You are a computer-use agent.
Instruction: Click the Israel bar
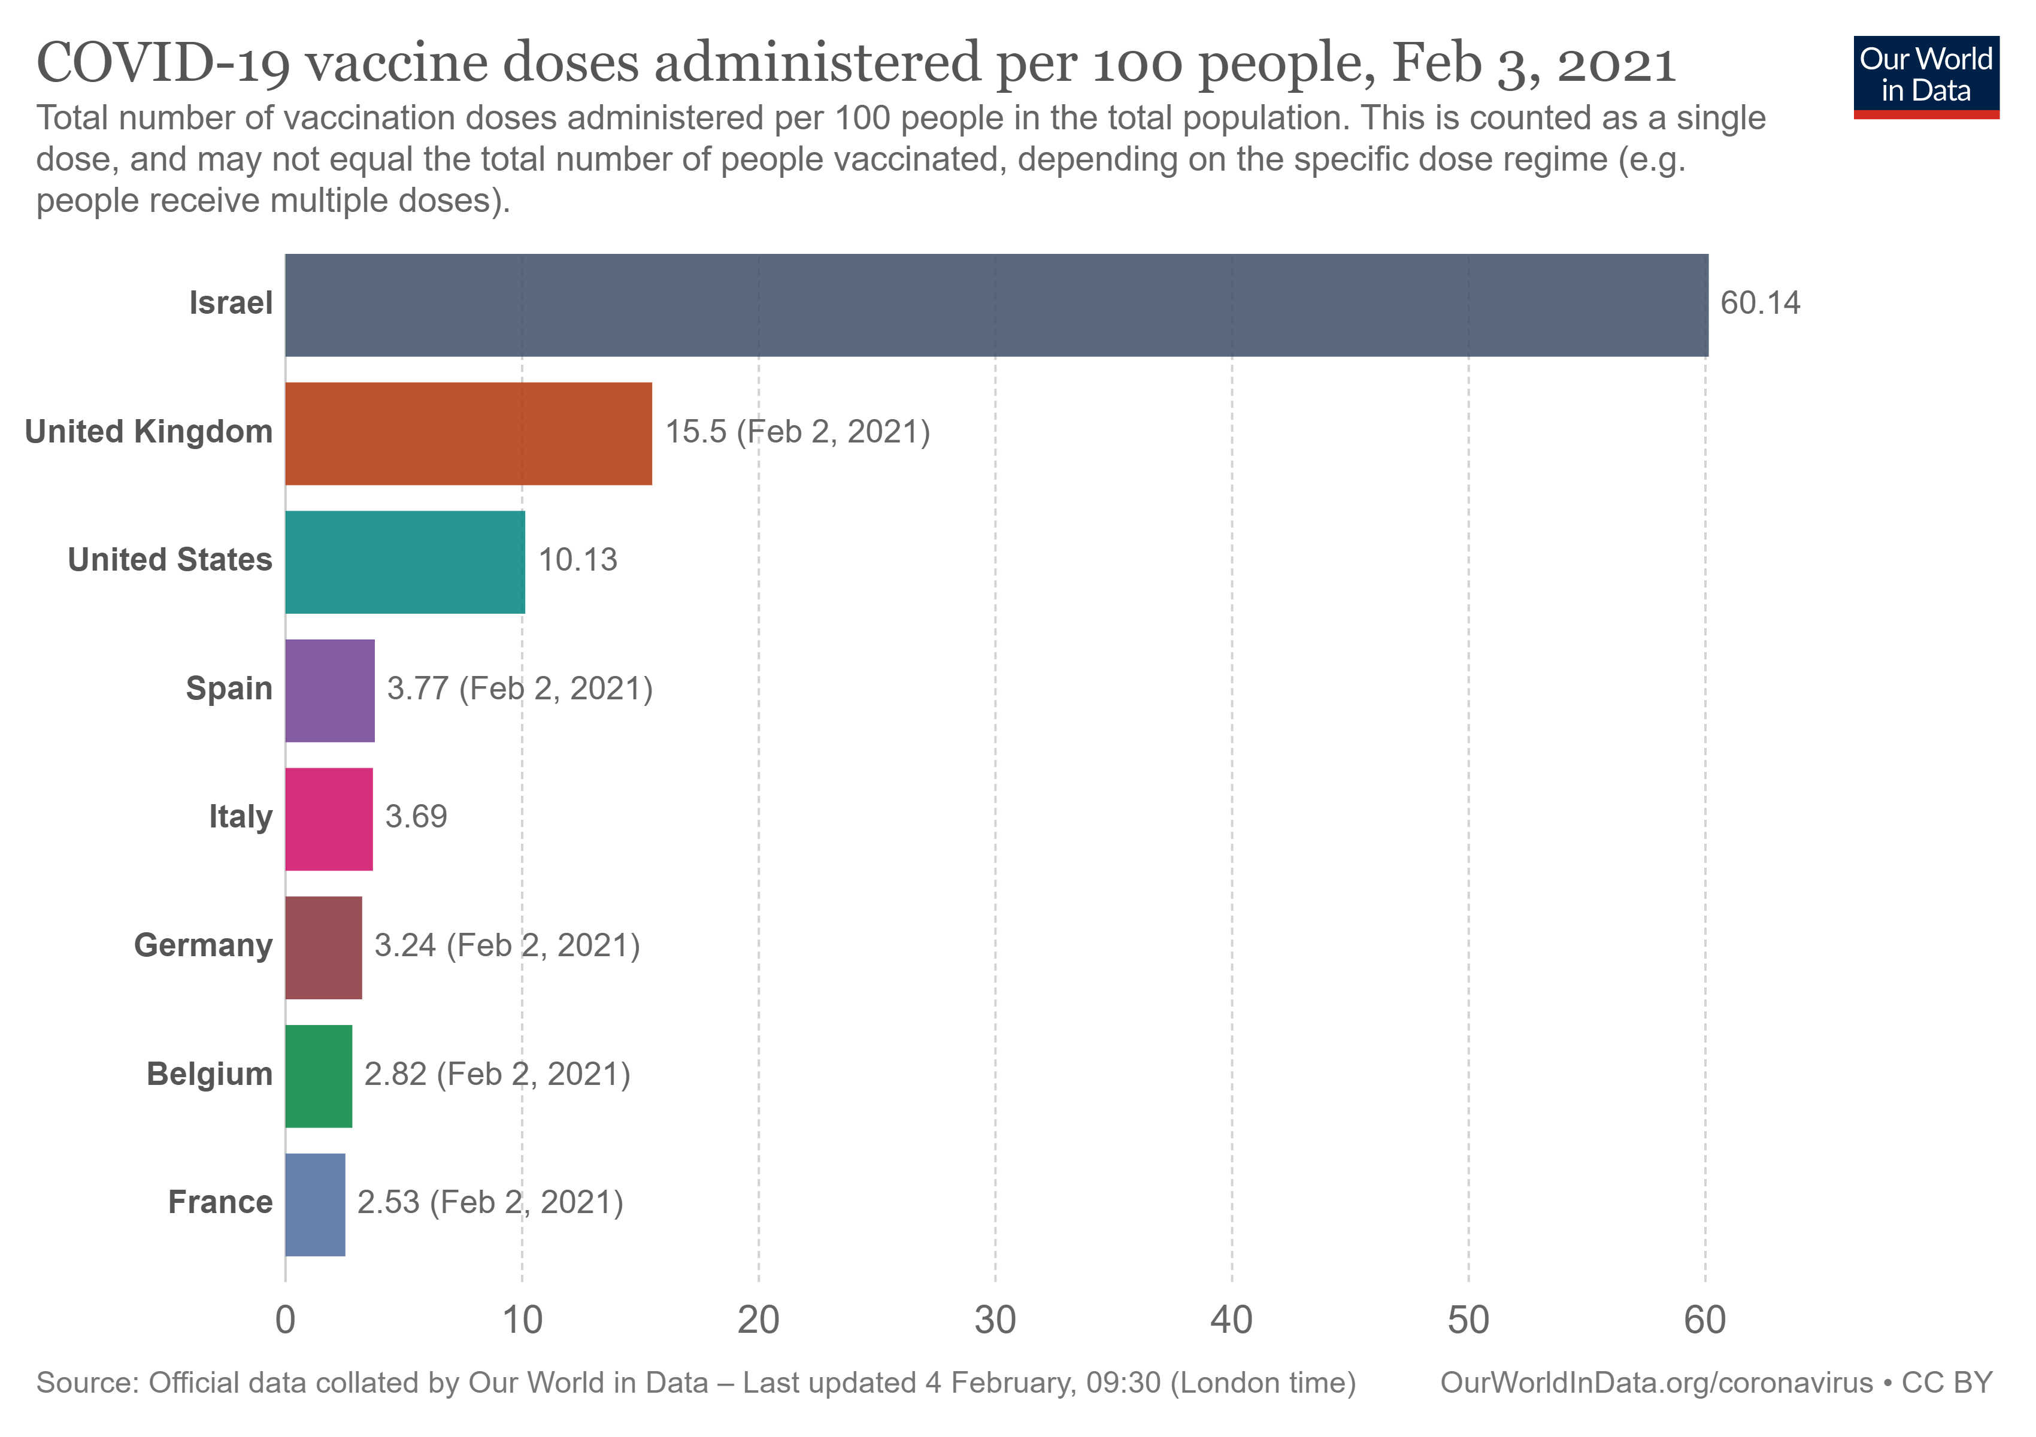click(996, 305)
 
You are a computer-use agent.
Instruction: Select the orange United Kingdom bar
click(468, 433)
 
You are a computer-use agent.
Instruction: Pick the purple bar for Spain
click(330, 690)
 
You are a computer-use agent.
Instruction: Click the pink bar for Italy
click(329, 819)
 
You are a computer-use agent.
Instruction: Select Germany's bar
click(324, 948)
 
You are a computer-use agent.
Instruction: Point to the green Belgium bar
click(319, 1076)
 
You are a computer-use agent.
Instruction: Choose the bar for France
click(315, 1205)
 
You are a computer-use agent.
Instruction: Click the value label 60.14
click(1759, 303)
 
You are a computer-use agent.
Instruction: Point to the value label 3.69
click(416, 817)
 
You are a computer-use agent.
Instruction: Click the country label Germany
click(203, 945)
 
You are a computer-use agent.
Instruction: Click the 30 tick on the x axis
click(995, 1321)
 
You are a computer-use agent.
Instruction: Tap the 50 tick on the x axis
click(1468, 1321)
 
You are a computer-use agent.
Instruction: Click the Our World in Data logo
click(1926, 76)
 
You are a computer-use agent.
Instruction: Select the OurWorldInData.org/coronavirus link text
click(1656, 1383)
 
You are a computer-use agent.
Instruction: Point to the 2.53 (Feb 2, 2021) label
click(489, 1203)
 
